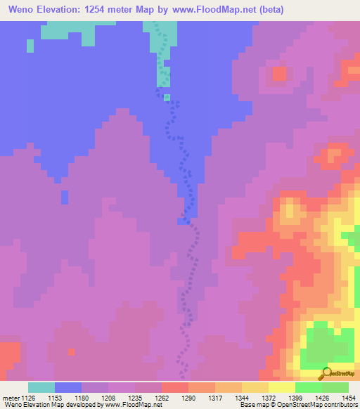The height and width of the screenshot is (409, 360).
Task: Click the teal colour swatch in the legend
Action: pos(41,387)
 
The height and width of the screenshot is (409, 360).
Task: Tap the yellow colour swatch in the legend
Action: pos(282,387)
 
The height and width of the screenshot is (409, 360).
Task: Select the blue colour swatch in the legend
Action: pos(68,387)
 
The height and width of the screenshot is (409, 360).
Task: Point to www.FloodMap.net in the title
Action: pos(214,9)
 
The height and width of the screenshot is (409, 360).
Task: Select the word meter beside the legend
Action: pos(12,397)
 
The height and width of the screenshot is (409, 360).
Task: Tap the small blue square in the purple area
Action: pos(65,197)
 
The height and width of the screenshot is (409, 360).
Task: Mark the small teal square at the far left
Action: pos(30,46)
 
